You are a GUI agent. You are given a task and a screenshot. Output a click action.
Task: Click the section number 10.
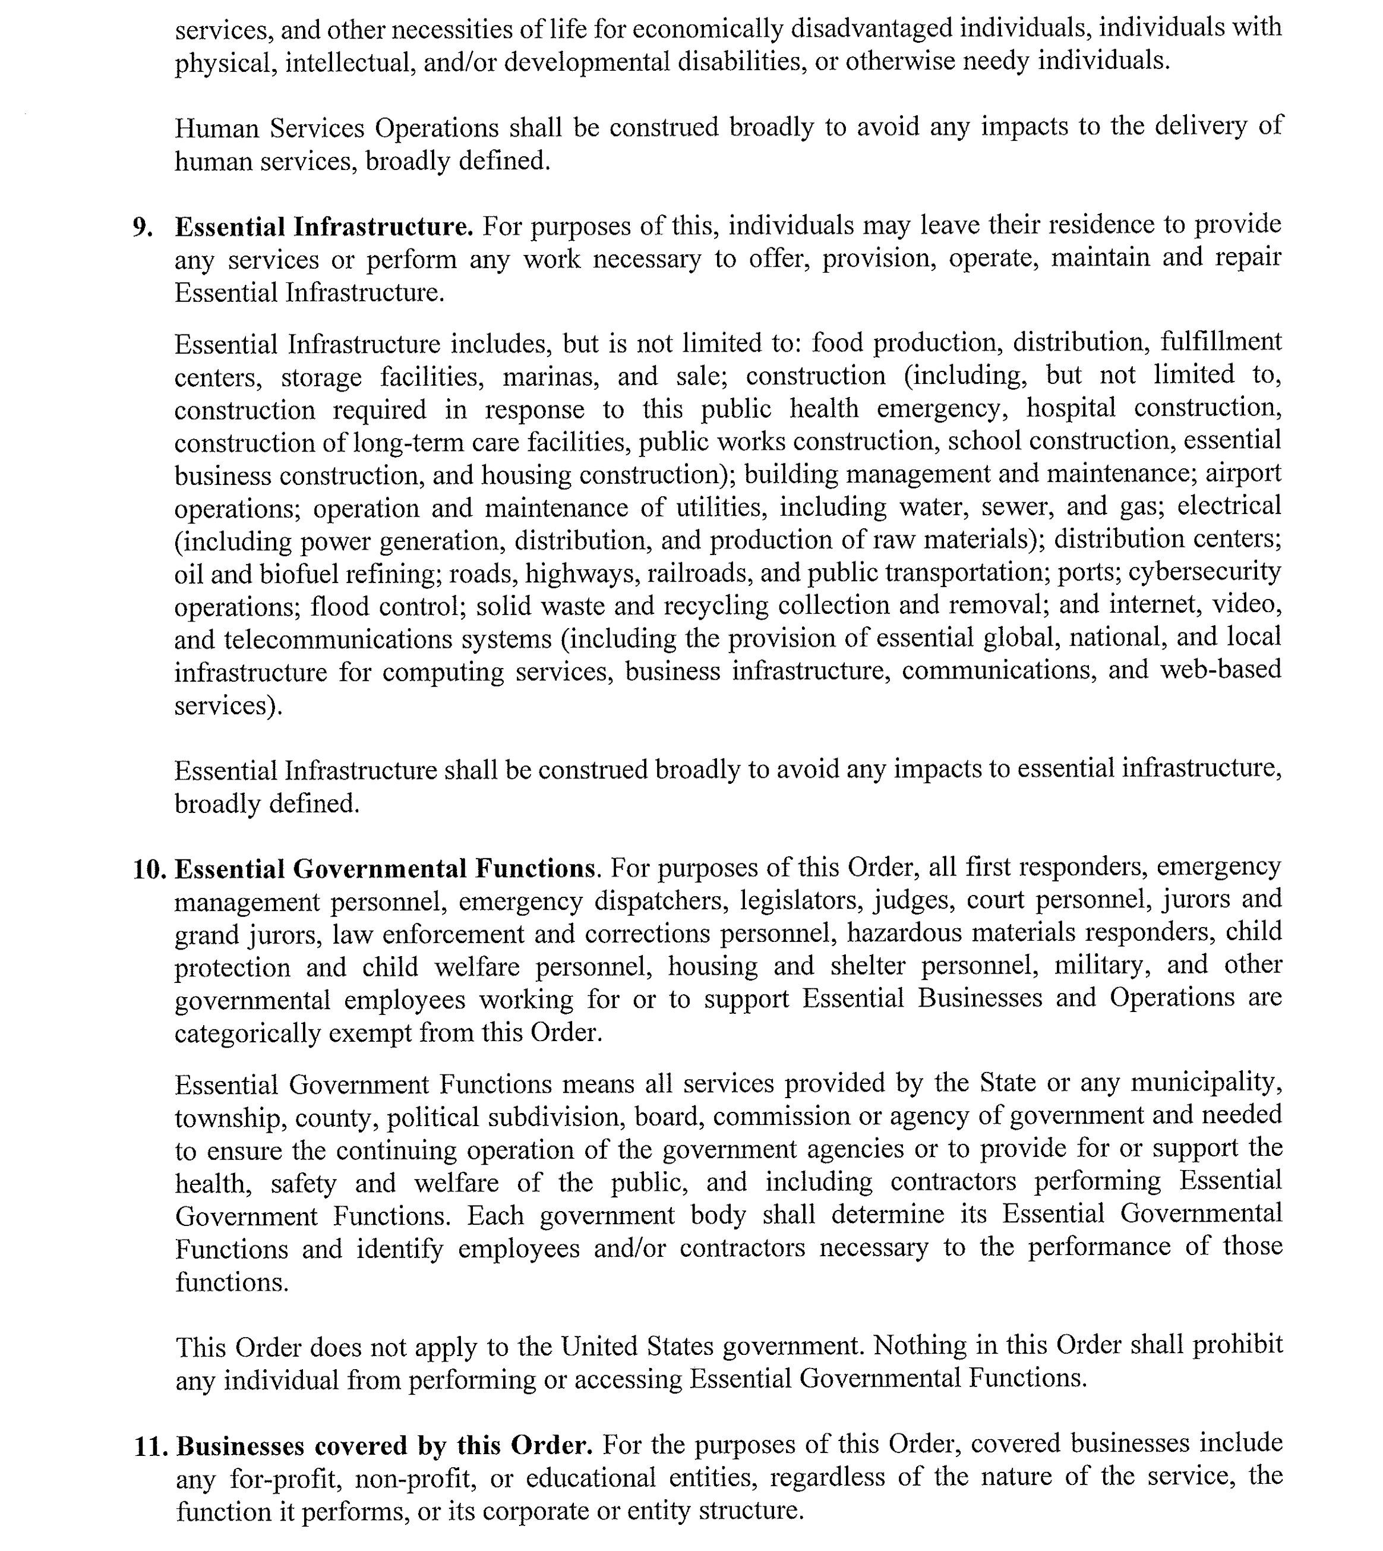click(x=149, y=869)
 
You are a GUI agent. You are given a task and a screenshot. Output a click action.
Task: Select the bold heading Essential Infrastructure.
click(x=324, y=226)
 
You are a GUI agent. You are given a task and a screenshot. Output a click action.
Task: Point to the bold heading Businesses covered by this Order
click(x=384, y=1445)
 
